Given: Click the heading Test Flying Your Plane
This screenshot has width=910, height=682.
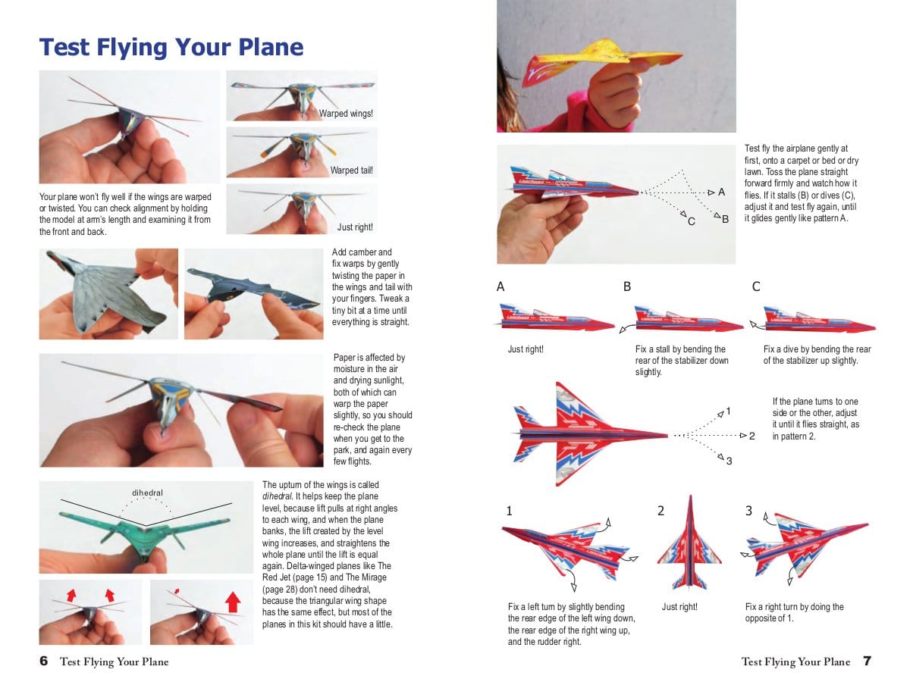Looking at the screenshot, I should (x=171, y=47).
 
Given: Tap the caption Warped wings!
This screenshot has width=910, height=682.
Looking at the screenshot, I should (x=346, y=114).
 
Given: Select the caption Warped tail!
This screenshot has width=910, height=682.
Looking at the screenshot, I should (x=351, y=170).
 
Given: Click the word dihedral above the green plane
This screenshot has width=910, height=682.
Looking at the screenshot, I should (x=148, y=493).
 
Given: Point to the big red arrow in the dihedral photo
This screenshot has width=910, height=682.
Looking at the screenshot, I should (x=233, y=602).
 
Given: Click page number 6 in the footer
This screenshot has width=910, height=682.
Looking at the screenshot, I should (x=44, y=662).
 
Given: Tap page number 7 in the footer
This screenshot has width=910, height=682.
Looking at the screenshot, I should (x=867, y=662).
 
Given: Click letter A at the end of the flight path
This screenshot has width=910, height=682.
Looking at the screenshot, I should (x=721, y=192).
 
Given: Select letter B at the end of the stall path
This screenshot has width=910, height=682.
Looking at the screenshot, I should (x=725, y=219).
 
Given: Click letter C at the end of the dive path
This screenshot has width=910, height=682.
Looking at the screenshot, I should (x=691, y=221).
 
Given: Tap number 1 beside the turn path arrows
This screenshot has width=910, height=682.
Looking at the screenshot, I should (x=728, y=411).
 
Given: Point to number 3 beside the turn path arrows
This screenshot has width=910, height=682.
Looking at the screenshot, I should (x=729, y=461).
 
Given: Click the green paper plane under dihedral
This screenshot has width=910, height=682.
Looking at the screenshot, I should (x=144, y=530).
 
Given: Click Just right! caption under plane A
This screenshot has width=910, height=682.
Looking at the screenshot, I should (x=526, y=349).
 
